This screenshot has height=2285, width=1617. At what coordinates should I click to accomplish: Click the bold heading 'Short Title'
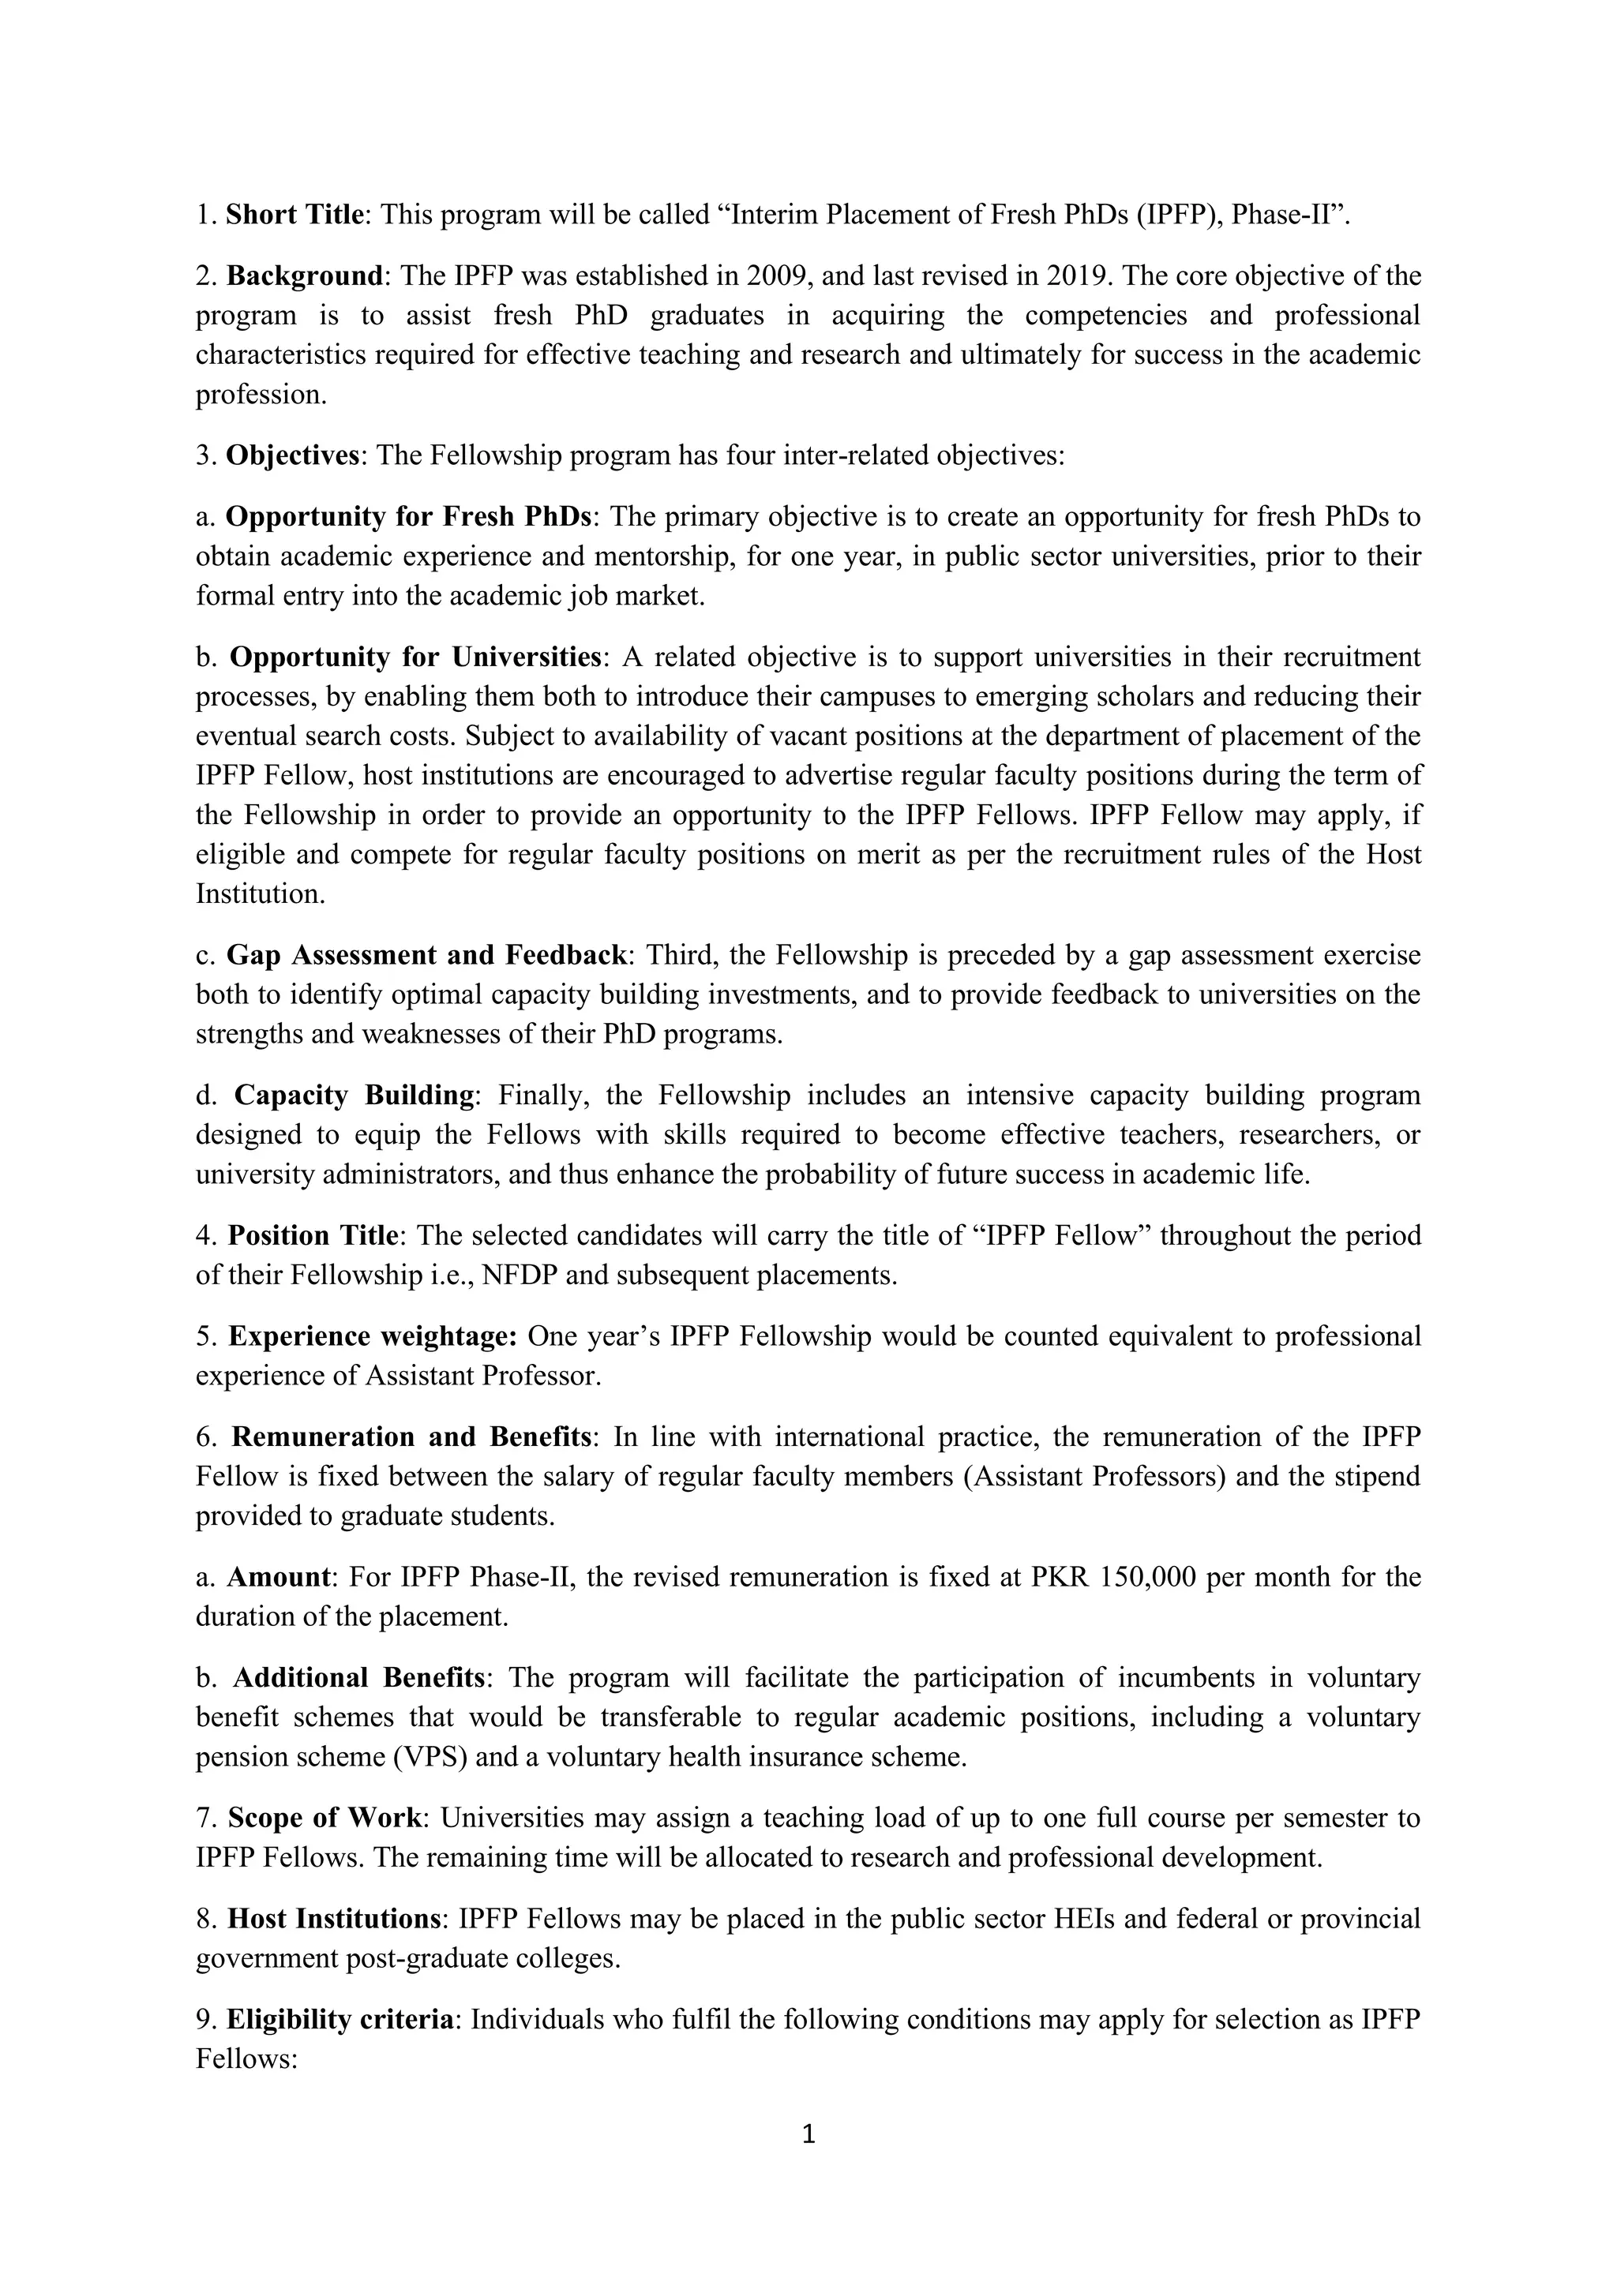click(295, 215)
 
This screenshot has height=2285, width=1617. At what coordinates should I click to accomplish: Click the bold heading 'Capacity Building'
click(354, 1096)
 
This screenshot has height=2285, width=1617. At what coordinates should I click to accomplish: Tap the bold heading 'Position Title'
click(313, 1236)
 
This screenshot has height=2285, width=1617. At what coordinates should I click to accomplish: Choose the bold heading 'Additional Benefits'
click(358, 1678)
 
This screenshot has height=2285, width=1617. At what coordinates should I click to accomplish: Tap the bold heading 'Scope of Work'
click(325, 1819)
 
